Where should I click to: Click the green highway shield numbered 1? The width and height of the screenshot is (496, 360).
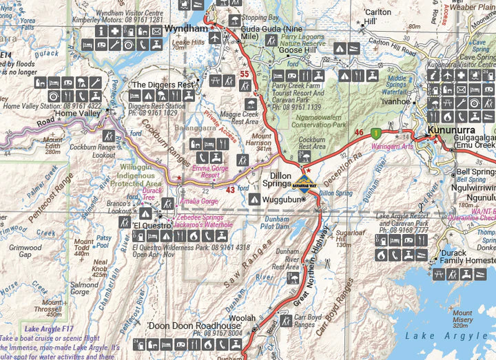pos(375,131)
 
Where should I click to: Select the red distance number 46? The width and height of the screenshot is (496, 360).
pos(358,132)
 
